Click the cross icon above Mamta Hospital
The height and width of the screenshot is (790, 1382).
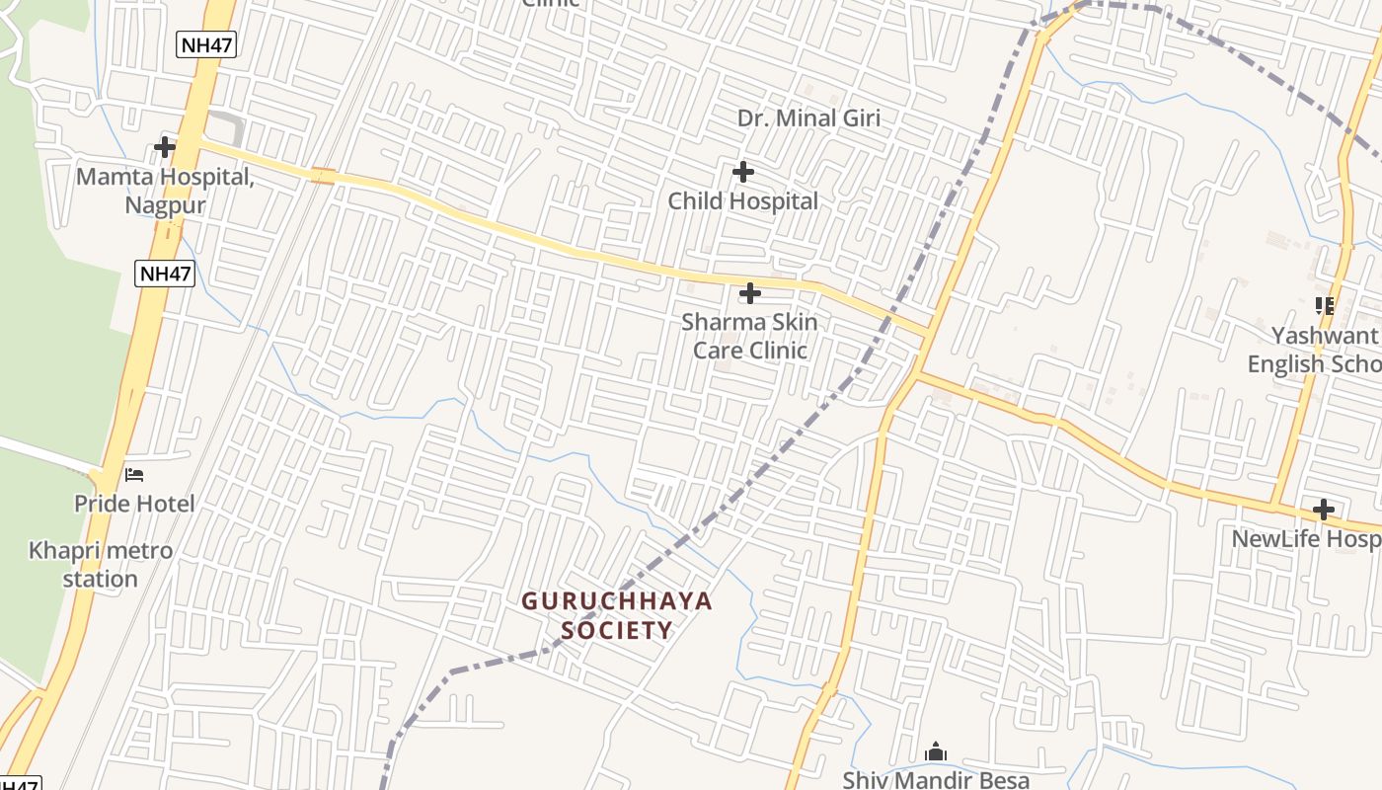pyautogui.click(x=165, y=148)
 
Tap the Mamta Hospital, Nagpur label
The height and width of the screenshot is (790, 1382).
pyautogui.click(x=165, y=192)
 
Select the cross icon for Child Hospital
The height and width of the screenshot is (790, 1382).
pyautogui.click(x=743, y=173)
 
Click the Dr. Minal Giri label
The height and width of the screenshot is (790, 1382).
pyautogui.click(x=808, y=118)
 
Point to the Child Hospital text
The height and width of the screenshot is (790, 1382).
pyautogui.click(x=743, y=201)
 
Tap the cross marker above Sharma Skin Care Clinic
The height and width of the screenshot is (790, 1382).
pyautogui.click(x=750, y=293)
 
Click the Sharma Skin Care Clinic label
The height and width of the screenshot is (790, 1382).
pyautogui.click(x=750, y=336)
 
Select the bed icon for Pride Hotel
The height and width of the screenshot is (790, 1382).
pyautogui.click(x=134, y=475)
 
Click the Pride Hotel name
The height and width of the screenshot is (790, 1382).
pyautogui.click(x=134, y=504)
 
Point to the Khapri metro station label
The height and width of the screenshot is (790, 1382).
pyautogui.click(x=101, y=564)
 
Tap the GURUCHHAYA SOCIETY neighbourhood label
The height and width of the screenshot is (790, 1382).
pyautogui.click(x=617, y=615)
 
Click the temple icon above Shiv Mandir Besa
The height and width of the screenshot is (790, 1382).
pyautogui.click(x=936, y=752)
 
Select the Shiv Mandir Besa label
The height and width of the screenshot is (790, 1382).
pyautogui.click(x=936, y=779)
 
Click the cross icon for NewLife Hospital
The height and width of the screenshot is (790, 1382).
pyautogui.click(x=1324, y=510)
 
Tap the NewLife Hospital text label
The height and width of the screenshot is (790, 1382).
pyautogui.click(x=1306, y=539)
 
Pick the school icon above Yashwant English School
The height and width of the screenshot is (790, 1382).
pyautogui.click(x=1324, y=306)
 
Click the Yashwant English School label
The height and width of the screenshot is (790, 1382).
pyautogui.click(x=1313, y=350)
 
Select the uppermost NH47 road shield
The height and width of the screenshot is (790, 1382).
pyautogui.click(x=207, y=43)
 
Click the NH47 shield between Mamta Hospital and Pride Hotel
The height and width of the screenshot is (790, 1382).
pyautogui.click(x=165, y=274)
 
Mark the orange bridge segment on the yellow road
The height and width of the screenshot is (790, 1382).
pyautogui.click(x=322, y=176)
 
